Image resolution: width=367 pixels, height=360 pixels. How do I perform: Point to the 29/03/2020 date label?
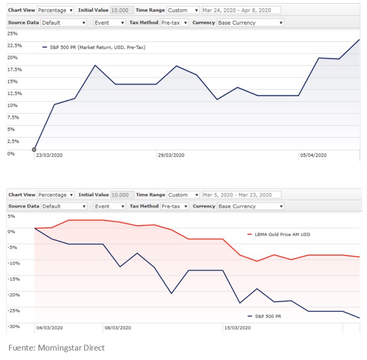pyautogui.click(x=171, y=155)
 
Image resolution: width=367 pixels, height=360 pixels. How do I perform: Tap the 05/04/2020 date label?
pyautogui.click(x=313, y=155)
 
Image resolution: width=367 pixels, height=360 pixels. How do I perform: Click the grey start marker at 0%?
pyautogui.click(x=34, y=150)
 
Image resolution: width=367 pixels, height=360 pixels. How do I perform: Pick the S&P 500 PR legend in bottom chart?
pyautogui.click(x=268, y=316)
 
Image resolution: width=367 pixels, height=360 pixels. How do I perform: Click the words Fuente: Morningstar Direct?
pyautogui.click(x=56, y=347)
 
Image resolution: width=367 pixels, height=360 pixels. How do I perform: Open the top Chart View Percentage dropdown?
pyautogui.click(x=56, y=10)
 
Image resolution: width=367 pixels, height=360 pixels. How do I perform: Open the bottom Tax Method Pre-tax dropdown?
pyautogui.click(x=174, y=206)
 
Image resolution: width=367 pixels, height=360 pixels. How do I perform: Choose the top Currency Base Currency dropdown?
pyautogui.click(x=250, y=23)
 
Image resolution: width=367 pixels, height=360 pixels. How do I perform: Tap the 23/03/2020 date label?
pyautogui.click(x=49, y=155)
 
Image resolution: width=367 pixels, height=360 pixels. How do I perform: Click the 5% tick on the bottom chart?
pyautogui.click(x=12, y=216)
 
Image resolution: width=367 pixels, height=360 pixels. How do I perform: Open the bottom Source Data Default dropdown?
pyautogui.click(x=64, y=206)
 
